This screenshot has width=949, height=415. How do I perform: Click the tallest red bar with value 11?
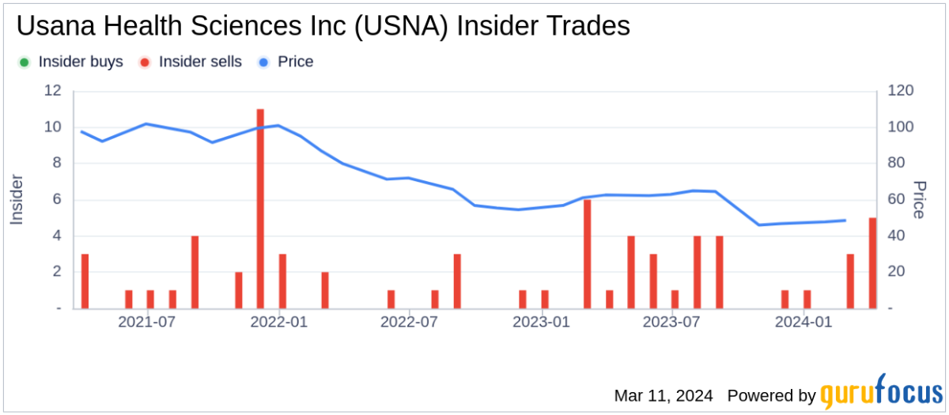pyautogui.click(x=260, y=209)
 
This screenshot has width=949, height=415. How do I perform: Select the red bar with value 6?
pyautogui.click(x=588, y=254)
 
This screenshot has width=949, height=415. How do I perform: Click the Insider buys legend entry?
pyautogui.click(x=70, y=62)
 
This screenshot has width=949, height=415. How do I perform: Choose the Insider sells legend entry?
pyautogui.click(x=191, y=62)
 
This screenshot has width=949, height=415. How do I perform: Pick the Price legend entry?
pyautogui.click(x=285, y=62)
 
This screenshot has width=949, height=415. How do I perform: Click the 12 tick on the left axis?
pyautogui.click(x=53, y=91)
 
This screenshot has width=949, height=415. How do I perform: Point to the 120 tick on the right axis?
pyautogui.click(x=900, y=91)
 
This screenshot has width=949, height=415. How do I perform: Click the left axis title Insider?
pyautogui.click(x=17, y=199)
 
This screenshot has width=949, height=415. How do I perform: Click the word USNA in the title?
pyautogui.click(x=396, y=26)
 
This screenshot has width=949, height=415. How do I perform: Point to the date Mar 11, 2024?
pyautogui.click(x=663, y=395)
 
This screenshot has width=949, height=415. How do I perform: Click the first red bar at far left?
pyautogui.click(x=85, y=281)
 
